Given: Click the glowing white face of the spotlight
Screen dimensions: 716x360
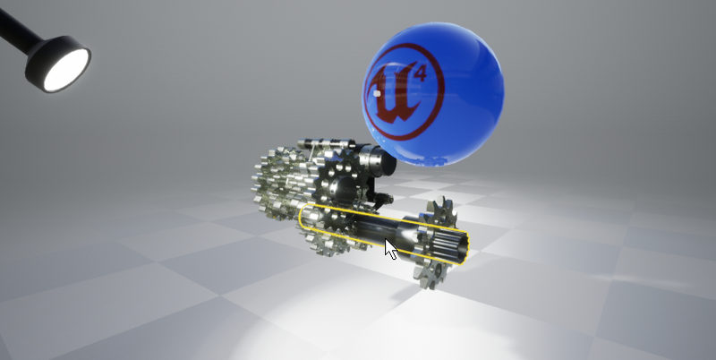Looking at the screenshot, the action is click(66, 69).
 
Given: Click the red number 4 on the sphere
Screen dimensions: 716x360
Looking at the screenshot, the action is click(420, 73).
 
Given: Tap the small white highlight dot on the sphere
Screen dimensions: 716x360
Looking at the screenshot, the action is click(377, 94).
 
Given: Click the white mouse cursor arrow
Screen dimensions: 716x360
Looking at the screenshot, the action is click(390, 250).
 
